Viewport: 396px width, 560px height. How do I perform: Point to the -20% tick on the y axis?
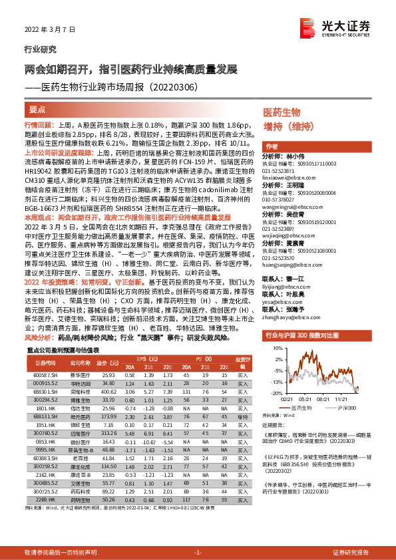click(271, 393)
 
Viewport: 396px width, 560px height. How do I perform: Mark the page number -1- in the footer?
click(198, 553)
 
